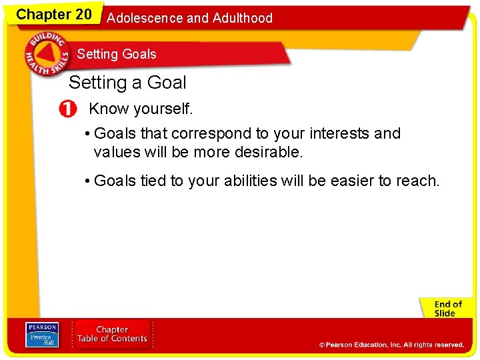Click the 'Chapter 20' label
tap(53, 15)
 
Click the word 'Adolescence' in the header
tap(145, 18)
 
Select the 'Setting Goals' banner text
tap(117, 54)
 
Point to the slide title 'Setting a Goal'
tap(127, 83)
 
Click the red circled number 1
tap(67, 109)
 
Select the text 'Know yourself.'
tap(141, 109)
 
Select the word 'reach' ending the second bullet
tap(418, 181)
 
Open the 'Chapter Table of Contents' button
tap(112, 334)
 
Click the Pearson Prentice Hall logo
tap(41, 334)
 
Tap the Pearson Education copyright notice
tap(391, 345)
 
